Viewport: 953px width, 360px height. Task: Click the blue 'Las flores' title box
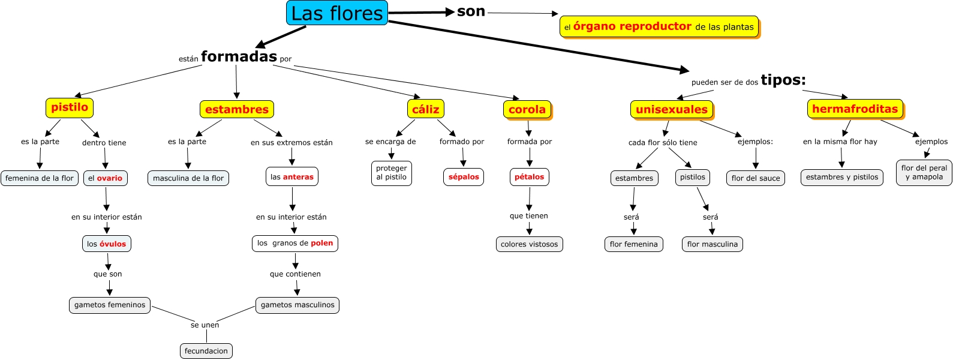tap(337, 13)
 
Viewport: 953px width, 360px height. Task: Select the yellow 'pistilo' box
tap(70, 107)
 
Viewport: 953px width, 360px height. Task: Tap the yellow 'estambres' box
tap(236, 109)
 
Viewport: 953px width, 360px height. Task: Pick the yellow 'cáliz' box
tap(426, 109)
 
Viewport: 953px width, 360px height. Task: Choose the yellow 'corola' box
tap(527, 109)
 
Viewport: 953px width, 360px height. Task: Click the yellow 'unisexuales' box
tap(671, 109)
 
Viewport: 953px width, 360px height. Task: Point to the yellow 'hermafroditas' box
tap(855, 109)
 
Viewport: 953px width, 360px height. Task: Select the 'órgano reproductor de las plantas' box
tap(659, 26)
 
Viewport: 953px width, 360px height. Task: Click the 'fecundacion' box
tap(206, 351)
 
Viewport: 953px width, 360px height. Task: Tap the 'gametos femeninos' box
tap(110, 305)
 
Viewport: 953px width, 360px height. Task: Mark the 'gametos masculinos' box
tap(297, 305)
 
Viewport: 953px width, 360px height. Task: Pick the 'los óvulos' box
tap(106, 244)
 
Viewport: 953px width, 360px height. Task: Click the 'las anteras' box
tap(292, 177)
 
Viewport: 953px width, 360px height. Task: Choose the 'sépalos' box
tap(464, 177)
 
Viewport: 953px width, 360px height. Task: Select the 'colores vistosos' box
tap(529, 244)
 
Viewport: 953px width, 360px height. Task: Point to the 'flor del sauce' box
tap(756, 178)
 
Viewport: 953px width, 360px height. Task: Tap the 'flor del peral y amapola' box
tap(924, 173)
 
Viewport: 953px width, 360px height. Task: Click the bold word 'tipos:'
tap(783, 80)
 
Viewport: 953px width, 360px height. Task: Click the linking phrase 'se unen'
tap(205, 325)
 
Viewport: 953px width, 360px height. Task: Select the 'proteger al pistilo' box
tap(392, 173)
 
